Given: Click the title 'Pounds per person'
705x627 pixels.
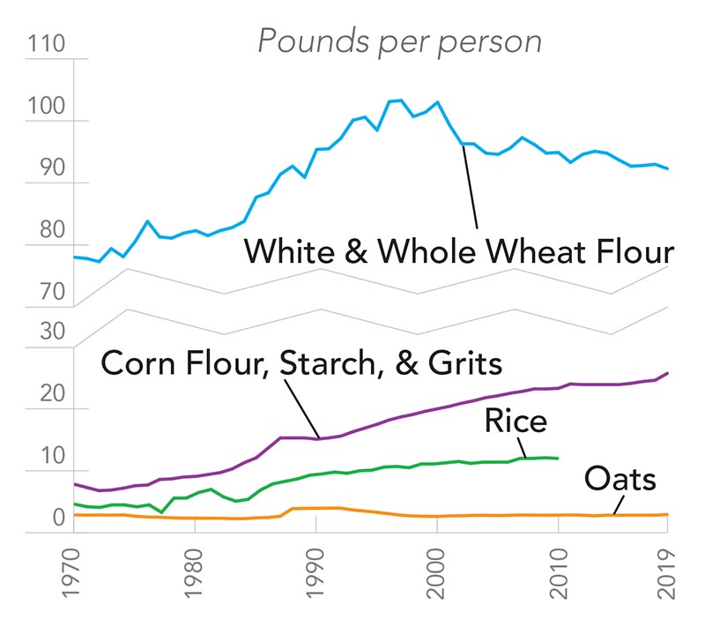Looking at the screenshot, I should (x=398, y=41).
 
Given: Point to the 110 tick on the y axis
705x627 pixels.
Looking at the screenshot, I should (x=47, y=44).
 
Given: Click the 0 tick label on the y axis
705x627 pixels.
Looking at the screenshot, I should (x=58, y=517).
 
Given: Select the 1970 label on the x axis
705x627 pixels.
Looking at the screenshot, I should (x=74, y=579).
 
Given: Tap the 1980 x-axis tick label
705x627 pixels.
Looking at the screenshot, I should (x=195, y=579).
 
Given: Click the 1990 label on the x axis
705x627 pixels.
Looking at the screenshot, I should (x=316, y=579).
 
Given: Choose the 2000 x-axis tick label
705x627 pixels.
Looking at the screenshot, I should (x=437, y=579).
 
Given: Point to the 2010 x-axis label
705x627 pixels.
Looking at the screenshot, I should (x=559, y=579).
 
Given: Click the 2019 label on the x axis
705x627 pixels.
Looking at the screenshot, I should (x=667, y=579).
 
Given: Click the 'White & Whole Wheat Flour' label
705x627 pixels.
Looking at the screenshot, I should (x=458, y=251).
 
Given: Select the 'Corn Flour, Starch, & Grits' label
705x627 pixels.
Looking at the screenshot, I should (x=301, y=362).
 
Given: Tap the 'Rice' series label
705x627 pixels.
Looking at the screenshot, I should (x=516, y=421).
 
